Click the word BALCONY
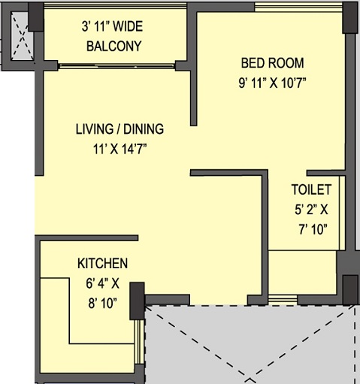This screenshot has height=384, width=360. pos(113,46)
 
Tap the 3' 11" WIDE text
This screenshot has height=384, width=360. pos(113,26)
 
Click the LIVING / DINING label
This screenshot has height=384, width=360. pos(119,129)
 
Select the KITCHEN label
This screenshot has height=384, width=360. pos(102,264)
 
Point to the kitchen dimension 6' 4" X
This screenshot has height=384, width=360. pos(103,286)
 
